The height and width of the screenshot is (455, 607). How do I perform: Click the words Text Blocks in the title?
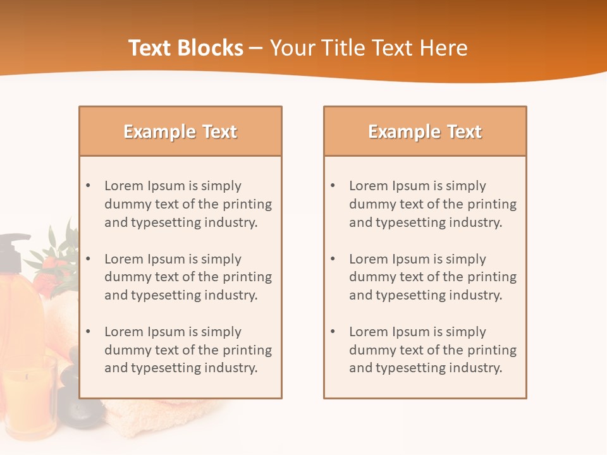pyautogui.click(x=186, y=48)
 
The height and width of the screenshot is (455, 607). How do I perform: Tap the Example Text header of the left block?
pyautogui.click(x=180, y=131)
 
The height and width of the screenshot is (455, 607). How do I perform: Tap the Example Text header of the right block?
pyautogui.click(x=425, y=131)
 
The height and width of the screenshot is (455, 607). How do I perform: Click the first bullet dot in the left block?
pyautogui.click(x=88, y=186)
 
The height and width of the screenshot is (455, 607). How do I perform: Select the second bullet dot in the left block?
pyautogui.click(x=88, y=259)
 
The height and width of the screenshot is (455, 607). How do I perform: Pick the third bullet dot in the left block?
pyautogui.click(x=88, y=332)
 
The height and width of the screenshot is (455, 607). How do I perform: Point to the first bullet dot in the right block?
pyautogui.click(x=333, y=186)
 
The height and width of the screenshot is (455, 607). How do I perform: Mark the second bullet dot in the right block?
pyautogui.click(x=333, y=259)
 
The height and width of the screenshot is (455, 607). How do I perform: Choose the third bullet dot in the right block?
pyautogui.click(x=333, y=332)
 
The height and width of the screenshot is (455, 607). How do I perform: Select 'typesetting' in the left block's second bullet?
pyautogui.click(x=163, y=295)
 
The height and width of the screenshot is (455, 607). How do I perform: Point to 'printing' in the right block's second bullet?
pyautogui.click(x=494, y=277)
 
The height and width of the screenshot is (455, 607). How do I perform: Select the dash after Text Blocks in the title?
pyautogui.click(x=257, y=48)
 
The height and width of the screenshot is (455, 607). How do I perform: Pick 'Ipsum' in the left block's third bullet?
pyautogui.click(x=166, y=332)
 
